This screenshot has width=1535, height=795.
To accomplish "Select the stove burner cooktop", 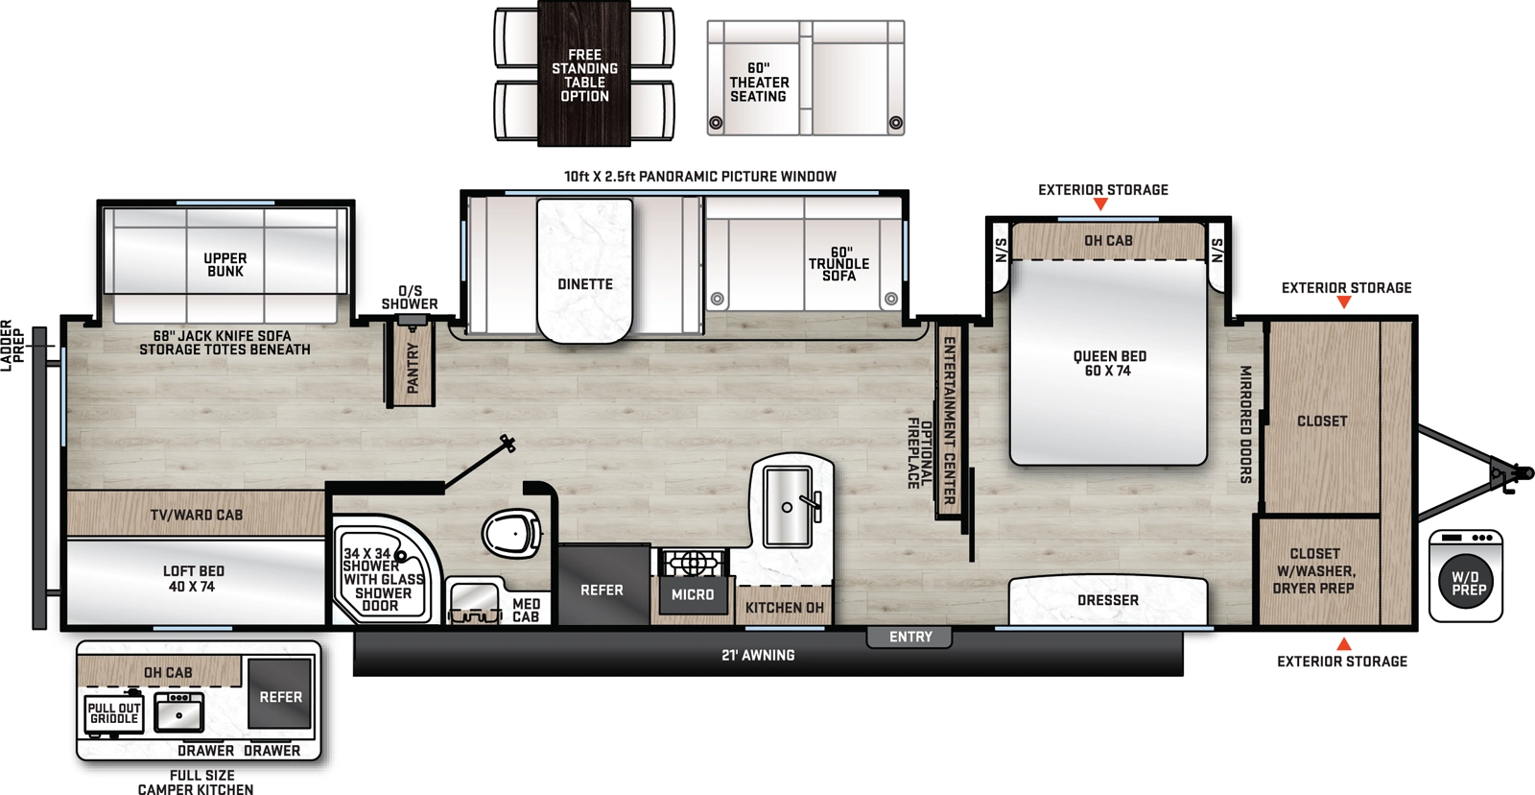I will tap(692, 563).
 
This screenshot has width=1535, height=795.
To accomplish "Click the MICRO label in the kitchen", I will tap(692, 595).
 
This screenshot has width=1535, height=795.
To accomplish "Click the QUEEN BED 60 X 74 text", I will tap(1109, 363).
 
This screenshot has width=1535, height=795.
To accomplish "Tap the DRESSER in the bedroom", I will tap(1108, 600).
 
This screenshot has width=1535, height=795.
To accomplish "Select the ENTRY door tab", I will tap(909, 637).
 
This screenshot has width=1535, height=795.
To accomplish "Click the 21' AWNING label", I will tap(758, 656).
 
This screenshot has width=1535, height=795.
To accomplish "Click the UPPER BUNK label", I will tap(225, 265).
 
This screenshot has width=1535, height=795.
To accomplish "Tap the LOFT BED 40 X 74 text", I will tap(193, 578).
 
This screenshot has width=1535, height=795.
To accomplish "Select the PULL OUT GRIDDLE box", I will tap(114, 713).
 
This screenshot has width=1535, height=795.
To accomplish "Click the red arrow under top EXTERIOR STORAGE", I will tap(1100, 205).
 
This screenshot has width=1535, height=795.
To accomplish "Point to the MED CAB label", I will tap(526, 611).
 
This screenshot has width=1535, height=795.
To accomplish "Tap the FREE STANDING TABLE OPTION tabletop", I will tap(584, 75).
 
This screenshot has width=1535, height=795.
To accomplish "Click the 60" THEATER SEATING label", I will tap(759, 83).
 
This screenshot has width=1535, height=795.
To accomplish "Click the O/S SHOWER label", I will tap(410, 298).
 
